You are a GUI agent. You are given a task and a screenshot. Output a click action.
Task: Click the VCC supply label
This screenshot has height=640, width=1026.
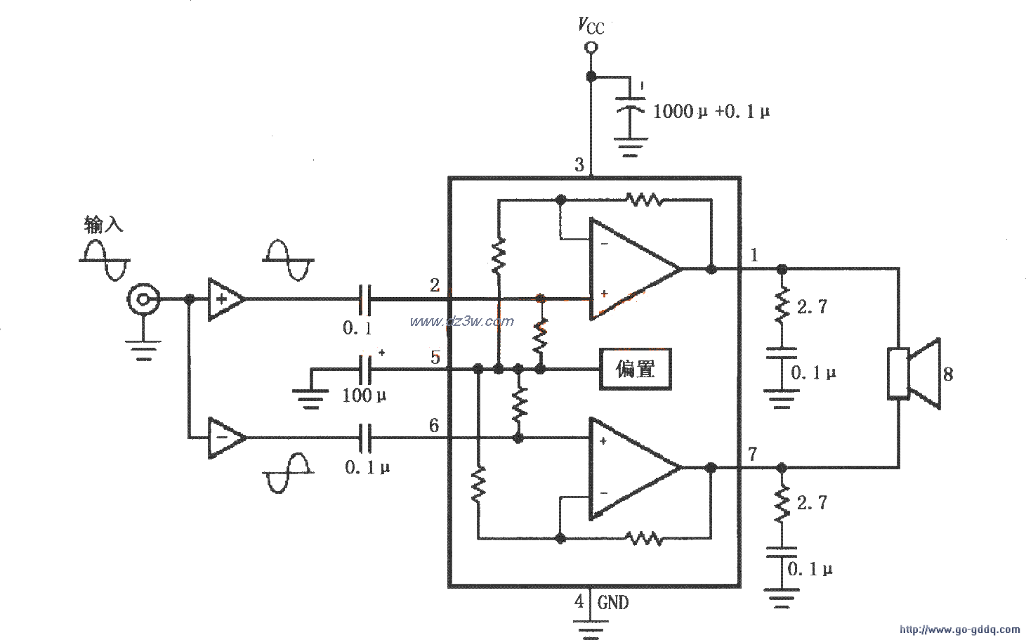pyautogui.click(x=590, y=26)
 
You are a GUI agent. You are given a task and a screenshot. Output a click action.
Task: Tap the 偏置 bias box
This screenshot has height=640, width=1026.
pyautogui.click(x=635, y=369)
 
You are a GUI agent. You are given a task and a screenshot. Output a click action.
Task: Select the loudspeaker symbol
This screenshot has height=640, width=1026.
pyautogui.click(x=913, y=373)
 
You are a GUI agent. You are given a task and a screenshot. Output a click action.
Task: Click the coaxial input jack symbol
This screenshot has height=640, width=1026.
pyautogui.click(x=143, y=301)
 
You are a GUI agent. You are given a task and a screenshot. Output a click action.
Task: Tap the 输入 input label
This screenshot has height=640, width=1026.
pyautogui.click(x=103, y=225)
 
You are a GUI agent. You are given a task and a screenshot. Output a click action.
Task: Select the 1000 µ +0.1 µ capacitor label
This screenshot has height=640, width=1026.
pyautogui.click(x=711, y=111)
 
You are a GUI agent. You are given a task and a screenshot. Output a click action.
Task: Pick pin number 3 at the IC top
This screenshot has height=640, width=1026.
pyautogui.click(x=579, y=165)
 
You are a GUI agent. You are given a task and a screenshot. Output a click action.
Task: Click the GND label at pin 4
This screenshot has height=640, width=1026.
pyautogui.click(x=613, y=602)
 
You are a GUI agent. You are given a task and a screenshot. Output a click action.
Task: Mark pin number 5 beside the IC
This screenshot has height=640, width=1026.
pyautogui.click(x=435, y=357)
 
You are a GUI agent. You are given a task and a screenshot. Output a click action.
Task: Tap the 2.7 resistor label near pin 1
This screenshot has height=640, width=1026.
pyautogui.click(x=811, y=306)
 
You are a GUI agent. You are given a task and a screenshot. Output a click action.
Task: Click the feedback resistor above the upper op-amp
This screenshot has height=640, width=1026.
pyautogui.click(x=645, y=200)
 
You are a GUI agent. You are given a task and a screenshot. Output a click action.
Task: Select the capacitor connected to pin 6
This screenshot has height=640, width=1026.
pyautogui.click(x=365, y=438)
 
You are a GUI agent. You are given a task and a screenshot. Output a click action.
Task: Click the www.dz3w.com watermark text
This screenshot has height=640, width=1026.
pyautogui.click(x=461, y=322)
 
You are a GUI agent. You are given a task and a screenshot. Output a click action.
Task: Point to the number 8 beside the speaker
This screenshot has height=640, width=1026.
pyautogui.click(x=948, y=374)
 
